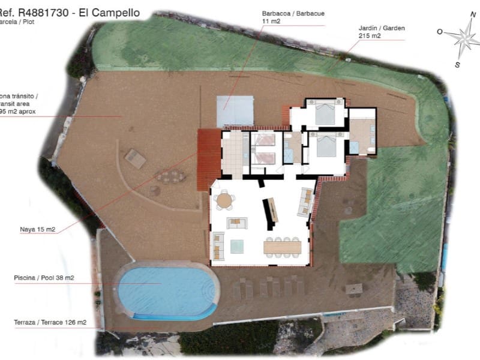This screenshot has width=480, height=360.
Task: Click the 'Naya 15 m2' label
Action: (x=37, y=229)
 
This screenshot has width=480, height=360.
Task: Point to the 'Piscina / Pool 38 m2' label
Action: (x=44, y=278)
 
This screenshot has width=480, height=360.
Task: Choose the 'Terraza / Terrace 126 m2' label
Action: (x=50, y=322)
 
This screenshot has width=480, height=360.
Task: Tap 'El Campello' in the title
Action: (x=111, y=12)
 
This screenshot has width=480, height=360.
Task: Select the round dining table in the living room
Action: (x=225, y=200)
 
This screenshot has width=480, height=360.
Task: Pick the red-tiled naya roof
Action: (x=209, y=160)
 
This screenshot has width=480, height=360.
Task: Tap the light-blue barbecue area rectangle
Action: (x=235, y=110)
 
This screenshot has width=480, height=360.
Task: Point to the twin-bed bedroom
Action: (x=263, y=149)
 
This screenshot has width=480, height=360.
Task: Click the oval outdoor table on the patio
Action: (x=170, y=176)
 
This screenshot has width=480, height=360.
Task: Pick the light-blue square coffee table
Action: (x=237, y=246)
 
